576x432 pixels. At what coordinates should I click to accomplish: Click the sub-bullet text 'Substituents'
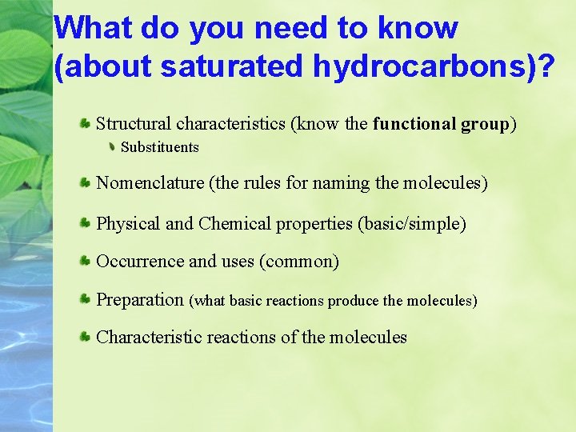(x=159, y=147)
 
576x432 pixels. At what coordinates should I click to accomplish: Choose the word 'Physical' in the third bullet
(x=128, y=224)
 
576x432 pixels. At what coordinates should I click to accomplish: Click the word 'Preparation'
(x=140, y=300)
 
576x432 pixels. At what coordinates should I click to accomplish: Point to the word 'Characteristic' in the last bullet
(x=149, y=338)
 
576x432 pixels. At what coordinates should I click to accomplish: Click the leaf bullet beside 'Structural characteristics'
(x=84, y=124)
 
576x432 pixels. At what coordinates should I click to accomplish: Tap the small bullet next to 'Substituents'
(x=112, y=147)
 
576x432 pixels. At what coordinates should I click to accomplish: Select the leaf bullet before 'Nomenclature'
(x=84, y=183)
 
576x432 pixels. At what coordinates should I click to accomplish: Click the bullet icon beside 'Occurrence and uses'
(x=84, y=262)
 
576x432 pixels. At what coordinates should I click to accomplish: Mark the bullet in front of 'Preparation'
(x=84, y=300)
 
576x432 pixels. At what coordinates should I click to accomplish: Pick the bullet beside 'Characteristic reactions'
(x=84, y=338)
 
